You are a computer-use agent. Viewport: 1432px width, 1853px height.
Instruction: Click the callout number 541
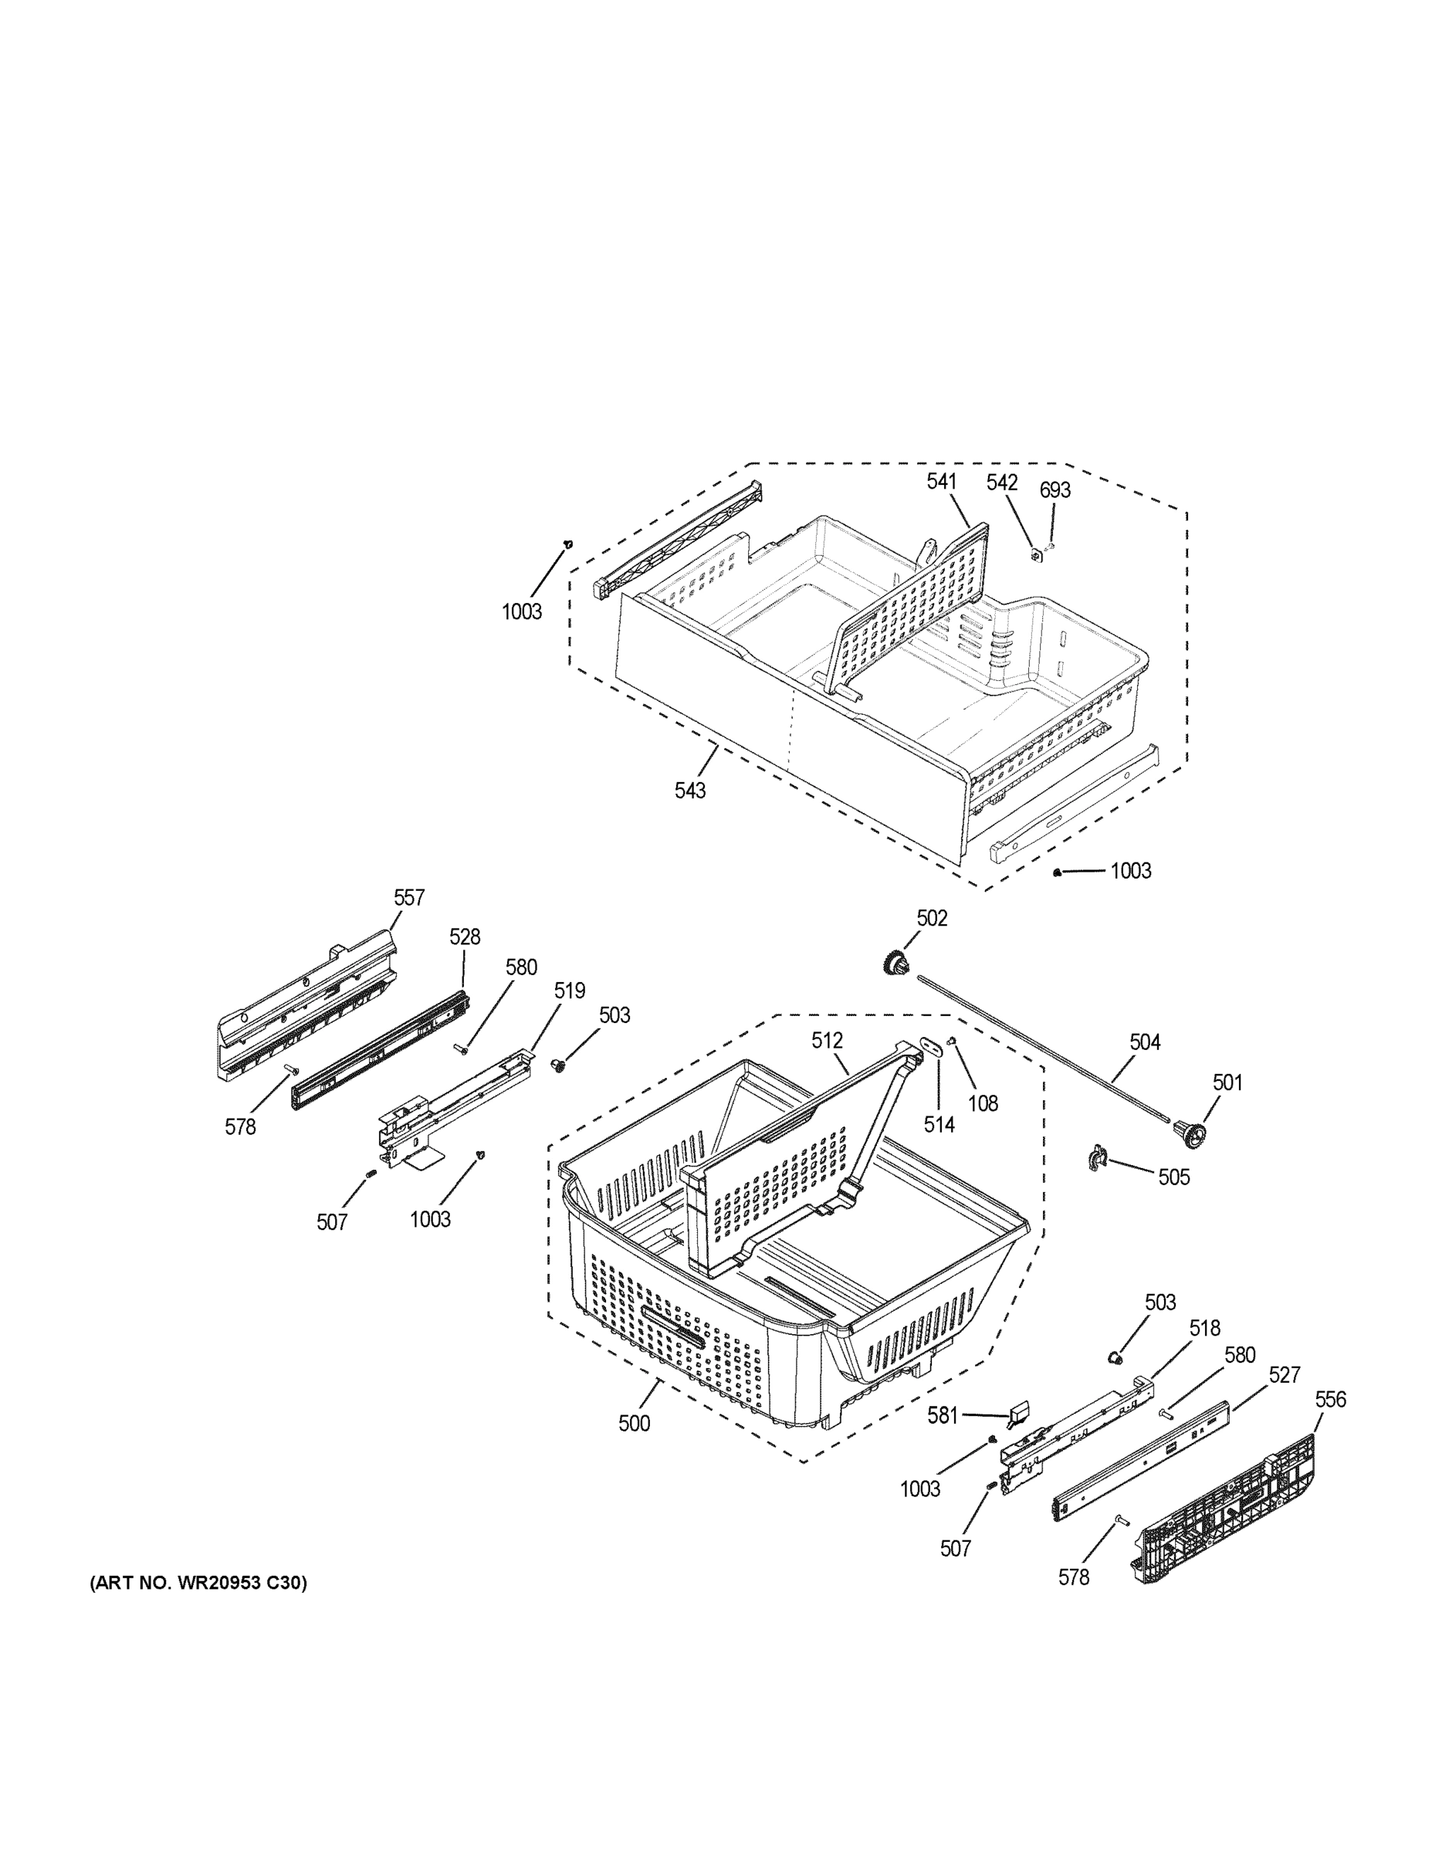coord(941,481)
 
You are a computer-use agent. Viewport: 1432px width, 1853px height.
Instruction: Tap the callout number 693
coord(1055,490)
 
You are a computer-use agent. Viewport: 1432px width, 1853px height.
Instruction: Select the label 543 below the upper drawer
coord(689,790)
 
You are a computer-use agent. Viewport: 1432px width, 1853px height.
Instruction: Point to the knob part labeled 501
coord(1189,1133)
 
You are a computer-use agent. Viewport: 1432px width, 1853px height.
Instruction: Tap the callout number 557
coord(408,898)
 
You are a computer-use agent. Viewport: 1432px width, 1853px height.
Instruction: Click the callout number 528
coord(464,937)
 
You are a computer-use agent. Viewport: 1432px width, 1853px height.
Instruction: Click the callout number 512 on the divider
coord(826,1040)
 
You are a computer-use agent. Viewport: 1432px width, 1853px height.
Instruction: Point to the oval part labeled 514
coord(932,1045)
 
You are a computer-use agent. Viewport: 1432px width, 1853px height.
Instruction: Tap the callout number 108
coord(983,1103)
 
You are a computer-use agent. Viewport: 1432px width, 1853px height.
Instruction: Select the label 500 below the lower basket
coord(634,1424)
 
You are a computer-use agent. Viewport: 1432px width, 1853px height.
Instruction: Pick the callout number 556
coord(1329,1399)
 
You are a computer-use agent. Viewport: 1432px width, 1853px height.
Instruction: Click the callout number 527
coord(1284,1374)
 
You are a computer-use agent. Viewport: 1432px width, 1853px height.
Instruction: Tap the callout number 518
coord(1203,1328)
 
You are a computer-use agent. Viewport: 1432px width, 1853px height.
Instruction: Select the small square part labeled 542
coord(1036,556)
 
